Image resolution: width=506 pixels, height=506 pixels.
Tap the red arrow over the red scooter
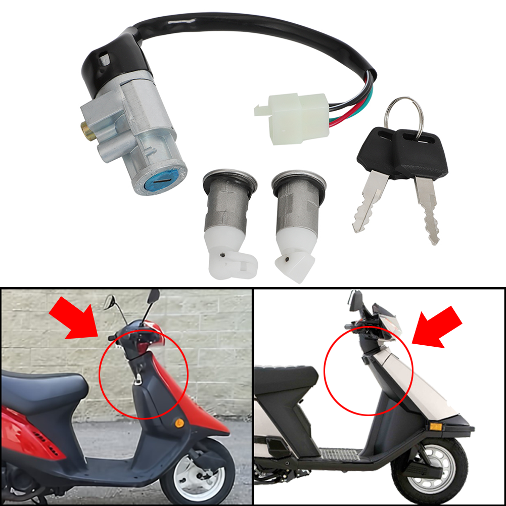(74, 318)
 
